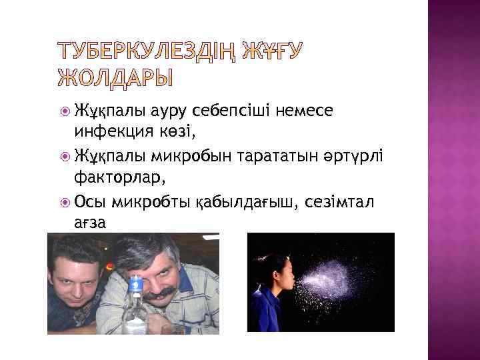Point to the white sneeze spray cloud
pyautogui.click(x=333, y=273)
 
